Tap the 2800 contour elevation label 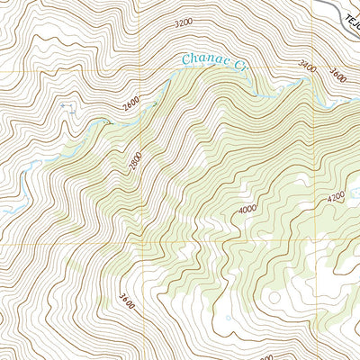[135, 164]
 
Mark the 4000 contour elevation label [247, 208]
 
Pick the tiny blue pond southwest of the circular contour [229, 317]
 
